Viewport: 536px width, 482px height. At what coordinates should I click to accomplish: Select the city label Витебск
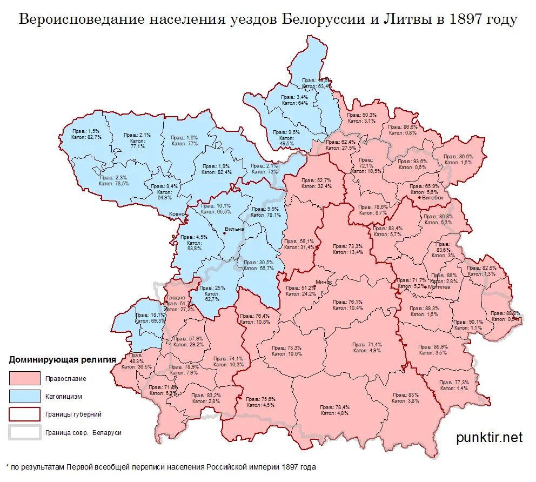pyautogui.click(x=433, y=198)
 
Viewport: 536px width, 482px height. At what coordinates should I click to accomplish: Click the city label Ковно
pyautogui.click(x=177, y=215)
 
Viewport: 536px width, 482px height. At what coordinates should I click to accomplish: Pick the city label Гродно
pyautogui.click(x=176, y=298)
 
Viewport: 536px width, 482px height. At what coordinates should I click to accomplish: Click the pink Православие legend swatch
pyautogui.click(x=25, y=378)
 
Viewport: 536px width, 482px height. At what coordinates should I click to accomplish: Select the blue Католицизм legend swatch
pyautogui.click(x=25, y=396)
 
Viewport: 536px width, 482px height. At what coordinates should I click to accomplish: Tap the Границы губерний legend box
pyautogui.click(x=25, y=414)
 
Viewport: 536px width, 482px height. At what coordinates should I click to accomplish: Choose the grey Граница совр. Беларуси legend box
pyautogui.click(x=25, y=432)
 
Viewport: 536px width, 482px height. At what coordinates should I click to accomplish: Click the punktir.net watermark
pyautogui.click(x=490, y=437)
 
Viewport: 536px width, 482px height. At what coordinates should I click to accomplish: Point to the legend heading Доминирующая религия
pyautogui.click(x=62, y=359)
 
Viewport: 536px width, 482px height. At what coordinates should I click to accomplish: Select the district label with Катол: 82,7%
pyautogui.click(x=86, y=135)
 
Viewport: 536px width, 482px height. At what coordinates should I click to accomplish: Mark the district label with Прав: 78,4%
pyautogui.click(x=334, y=410)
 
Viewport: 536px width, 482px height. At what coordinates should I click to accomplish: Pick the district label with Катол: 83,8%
pyautogui.click(x=195, y=243)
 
